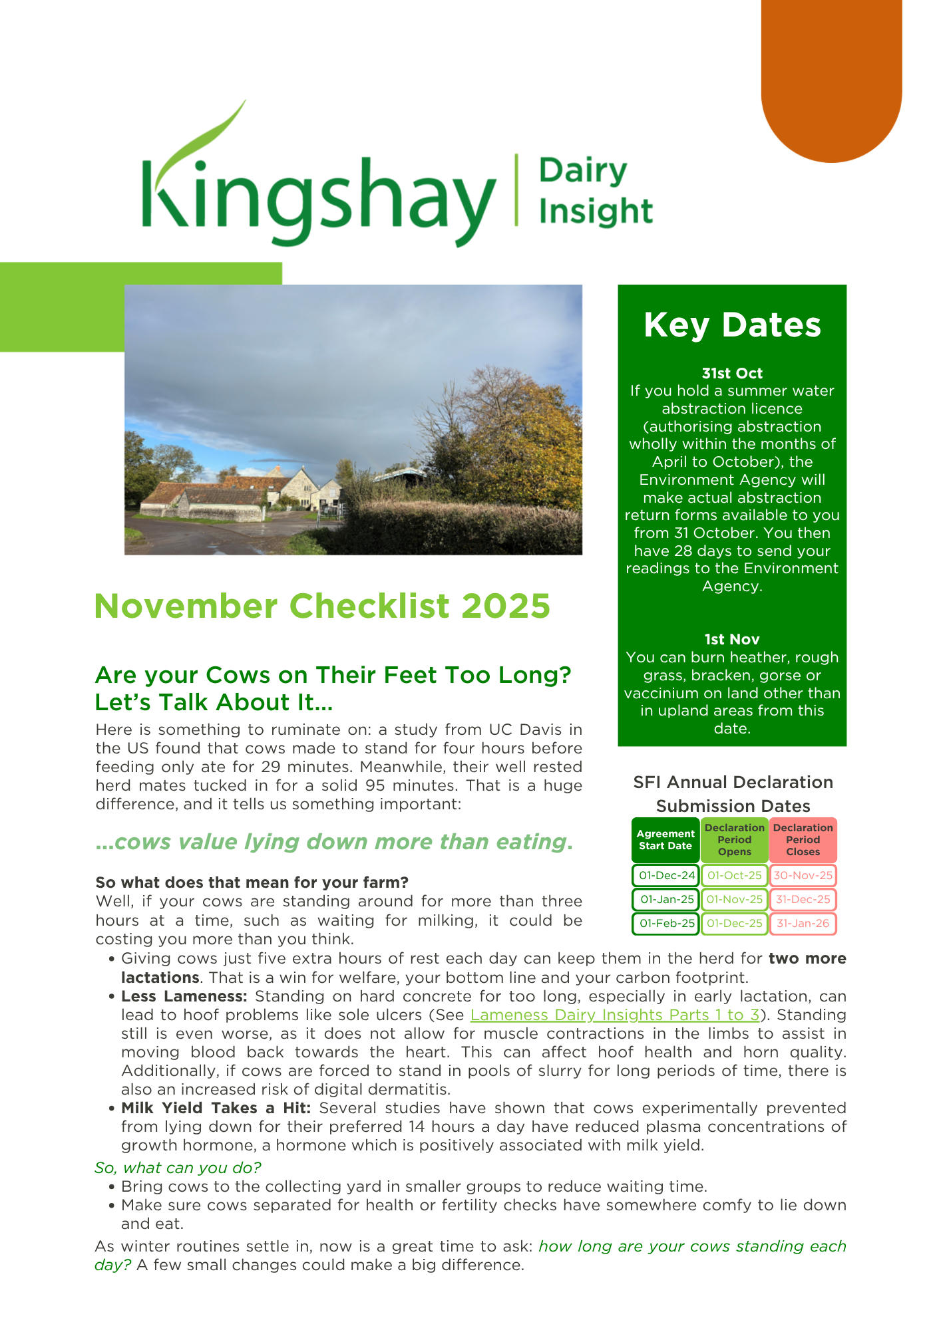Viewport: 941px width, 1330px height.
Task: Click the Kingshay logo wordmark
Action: point(318,193)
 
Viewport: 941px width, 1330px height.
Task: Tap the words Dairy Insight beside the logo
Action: point(595,192)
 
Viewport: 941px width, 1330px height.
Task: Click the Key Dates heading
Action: point(732,325)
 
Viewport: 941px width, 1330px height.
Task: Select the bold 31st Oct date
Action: point(732,373)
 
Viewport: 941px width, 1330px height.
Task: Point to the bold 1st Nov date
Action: point(732,639)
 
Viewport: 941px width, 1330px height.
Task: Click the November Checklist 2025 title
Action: point(322,606)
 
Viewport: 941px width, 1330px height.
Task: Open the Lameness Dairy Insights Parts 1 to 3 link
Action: point(614,1015)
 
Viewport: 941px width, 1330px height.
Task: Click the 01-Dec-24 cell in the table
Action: point(666,875)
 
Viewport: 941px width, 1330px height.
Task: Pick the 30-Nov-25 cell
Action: point(803,875)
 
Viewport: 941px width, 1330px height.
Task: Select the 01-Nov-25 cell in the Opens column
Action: point(734,899)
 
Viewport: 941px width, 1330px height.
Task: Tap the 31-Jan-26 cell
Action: point(803,923)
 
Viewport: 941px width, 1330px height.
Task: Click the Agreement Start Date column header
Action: point(665,840)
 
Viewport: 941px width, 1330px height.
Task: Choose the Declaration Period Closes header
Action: point(803,840)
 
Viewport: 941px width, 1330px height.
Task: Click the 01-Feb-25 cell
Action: point(666,923)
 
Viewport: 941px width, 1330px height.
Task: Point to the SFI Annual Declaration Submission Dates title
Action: point(733,794)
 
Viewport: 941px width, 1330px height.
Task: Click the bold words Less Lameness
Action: point(184,996)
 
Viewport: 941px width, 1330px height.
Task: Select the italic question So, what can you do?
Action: point(178,1168)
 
